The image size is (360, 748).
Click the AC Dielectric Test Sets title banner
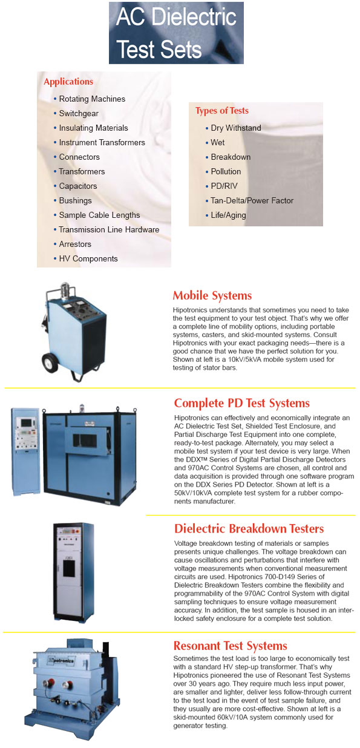tap(176, 33)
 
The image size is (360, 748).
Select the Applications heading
tap(68, 82)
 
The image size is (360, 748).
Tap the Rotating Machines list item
tap(92, 99)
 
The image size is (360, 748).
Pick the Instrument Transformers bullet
tap(102, 142)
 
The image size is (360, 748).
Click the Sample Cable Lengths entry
tap(99, 215)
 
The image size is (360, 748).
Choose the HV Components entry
tap(88, 258)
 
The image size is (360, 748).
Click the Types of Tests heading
tap(221, 111)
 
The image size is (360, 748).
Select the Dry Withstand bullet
tap(236, 128)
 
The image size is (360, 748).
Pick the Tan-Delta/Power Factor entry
tap(252, 200)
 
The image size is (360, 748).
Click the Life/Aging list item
tap(228, 215)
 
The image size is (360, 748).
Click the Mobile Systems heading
tap(212, 296)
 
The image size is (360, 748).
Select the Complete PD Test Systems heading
tap(241, 403)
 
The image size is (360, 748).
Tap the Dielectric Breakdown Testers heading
tap(249, 529)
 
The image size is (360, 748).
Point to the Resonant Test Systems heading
tap(230, 646)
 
